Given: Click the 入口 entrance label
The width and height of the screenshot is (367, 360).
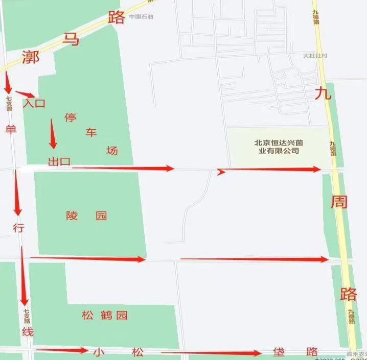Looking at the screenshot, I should click(x=34, y=103).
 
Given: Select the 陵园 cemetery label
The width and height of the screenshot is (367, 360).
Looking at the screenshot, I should click(x=86, y=215).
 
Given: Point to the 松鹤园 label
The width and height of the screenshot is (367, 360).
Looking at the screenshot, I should click(x=104, y=315).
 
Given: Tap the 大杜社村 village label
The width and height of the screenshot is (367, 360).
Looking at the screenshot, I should click(x=314, y=56).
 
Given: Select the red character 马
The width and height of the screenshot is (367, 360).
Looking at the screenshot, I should click(x=72, y=39).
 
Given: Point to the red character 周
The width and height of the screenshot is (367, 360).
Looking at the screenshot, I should click(x=339, y=202).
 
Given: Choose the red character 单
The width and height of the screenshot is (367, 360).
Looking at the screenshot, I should click(x=11, y=129).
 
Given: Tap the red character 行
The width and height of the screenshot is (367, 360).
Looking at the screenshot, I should click(x=18, y=228).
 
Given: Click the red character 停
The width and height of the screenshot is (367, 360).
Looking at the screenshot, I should click(x=70, y=117).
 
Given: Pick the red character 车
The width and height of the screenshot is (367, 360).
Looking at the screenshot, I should click(x=90, y=133).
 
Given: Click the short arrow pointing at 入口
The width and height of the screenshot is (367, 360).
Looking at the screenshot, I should click(x=25, y=94).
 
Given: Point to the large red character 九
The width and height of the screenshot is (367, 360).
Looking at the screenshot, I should click(x=323, y=93).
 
